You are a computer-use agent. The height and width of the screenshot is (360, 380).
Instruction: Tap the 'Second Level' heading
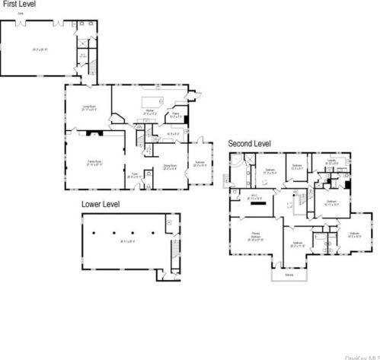(249, 142)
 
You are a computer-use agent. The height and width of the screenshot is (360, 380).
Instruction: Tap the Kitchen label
(149, 112)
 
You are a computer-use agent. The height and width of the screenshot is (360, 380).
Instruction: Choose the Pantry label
(174, 116)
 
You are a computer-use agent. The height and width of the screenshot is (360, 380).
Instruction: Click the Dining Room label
(170, 167)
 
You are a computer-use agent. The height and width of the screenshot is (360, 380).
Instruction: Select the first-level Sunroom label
(199, 164)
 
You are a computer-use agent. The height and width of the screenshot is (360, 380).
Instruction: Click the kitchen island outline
(151, 101)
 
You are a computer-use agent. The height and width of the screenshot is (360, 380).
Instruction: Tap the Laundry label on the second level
(332, 161)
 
